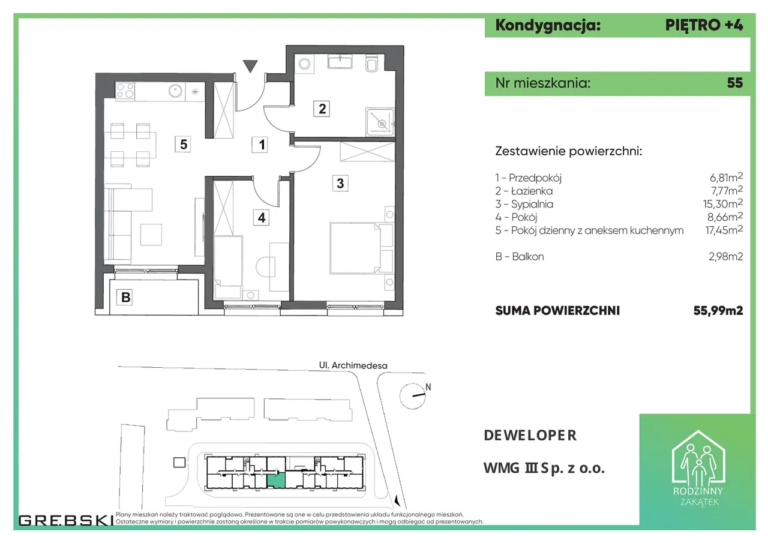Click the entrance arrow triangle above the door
[250, 66]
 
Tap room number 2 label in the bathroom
[322, 109]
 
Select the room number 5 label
[183, 145]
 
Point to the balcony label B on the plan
[125, 297]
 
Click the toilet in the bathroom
[371, 63]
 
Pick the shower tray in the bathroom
[380, 122]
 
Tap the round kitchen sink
[175, 91]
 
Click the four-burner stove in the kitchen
[125, 91]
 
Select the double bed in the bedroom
[355, 248]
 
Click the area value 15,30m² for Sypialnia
[723, 203]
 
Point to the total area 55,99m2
[718, 311]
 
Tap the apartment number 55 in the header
[735, 83]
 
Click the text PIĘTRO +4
[704, 25]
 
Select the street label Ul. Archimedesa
[353, 365]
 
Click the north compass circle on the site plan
[412, 396]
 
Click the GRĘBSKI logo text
[66, 520]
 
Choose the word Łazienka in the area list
[532, 191]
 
